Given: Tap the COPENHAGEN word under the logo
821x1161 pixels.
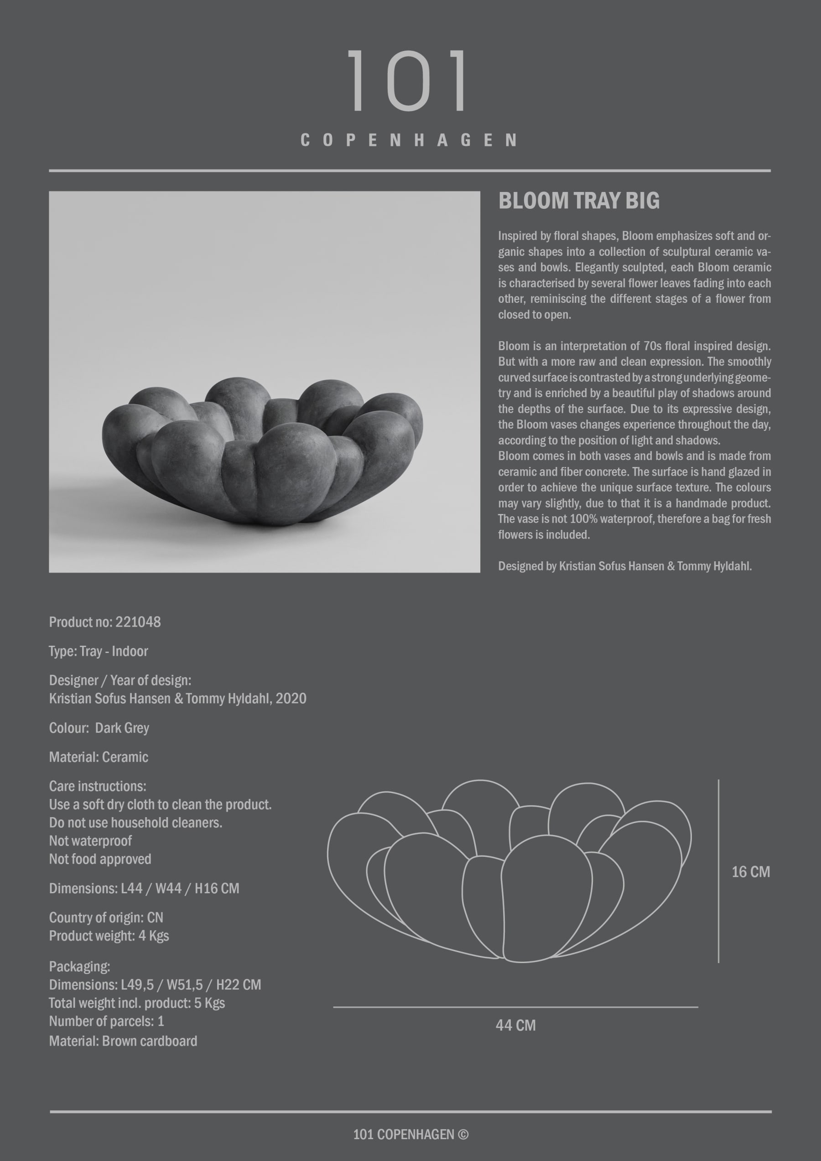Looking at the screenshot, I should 409,140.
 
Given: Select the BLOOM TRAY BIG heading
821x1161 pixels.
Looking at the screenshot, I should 579,201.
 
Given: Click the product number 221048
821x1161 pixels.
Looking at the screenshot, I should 138,622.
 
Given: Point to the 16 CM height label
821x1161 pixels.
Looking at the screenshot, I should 751,872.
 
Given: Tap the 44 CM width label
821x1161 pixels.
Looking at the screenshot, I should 515,1025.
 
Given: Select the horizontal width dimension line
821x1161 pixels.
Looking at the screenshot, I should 515,1007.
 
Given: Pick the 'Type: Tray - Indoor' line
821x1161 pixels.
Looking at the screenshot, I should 99,651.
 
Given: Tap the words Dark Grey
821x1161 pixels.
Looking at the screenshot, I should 122,728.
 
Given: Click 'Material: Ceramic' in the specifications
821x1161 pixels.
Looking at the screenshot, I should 99,757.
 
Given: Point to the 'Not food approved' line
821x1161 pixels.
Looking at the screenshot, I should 100,859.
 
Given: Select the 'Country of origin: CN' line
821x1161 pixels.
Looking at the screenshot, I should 106,917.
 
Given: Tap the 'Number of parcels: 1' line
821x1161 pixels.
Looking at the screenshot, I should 107,1021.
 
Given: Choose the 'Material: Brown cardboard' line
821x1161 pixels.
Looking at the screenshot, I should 123,1041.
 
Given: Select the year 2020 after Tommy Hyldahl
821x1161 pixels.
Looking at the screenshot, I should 291,698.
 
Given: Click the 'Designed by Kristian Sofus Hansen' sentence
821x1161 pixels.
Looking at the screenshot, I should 625,566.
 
